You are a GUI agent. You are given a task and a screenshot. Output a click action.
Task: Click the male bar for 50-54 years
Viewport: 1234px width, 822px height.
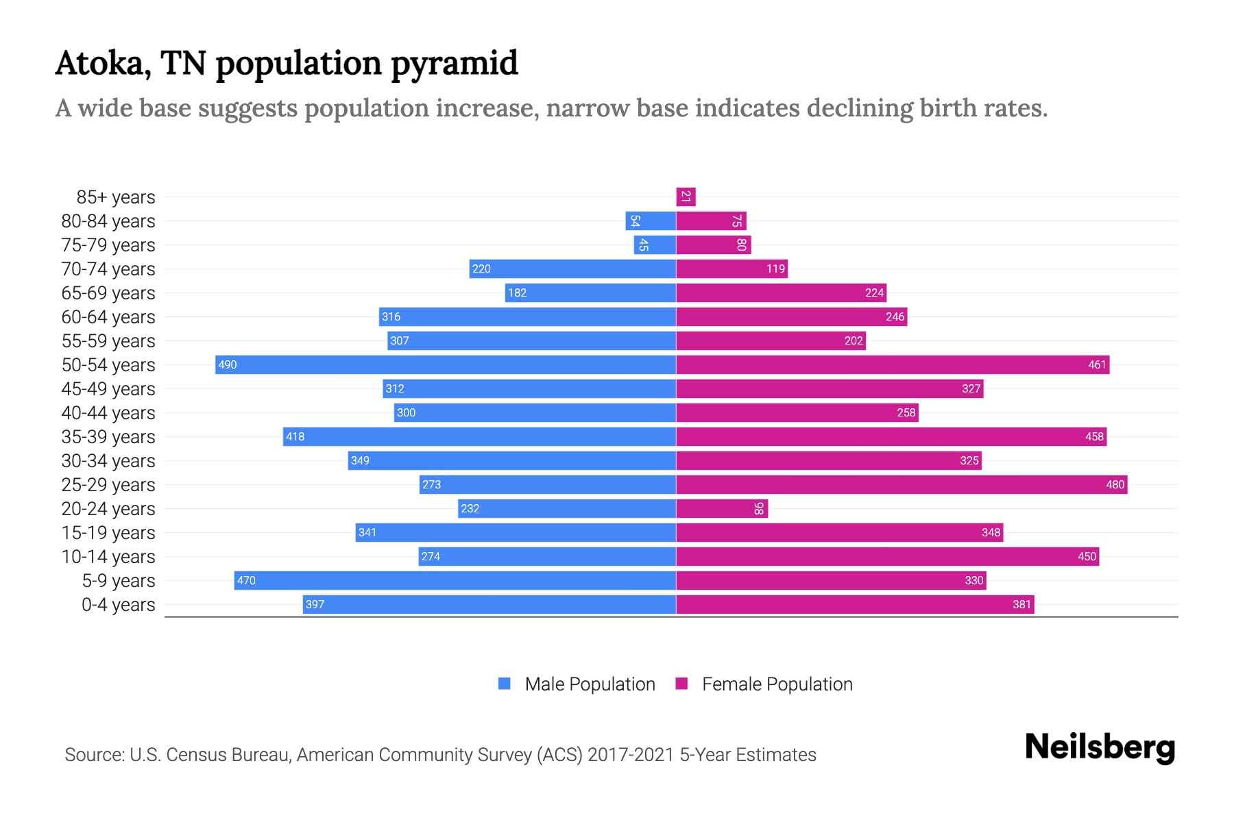tap(446, 364)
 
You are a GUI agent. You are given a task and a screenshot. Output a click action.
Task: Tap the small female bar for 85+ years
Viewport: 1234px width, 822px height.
tap(686, 197)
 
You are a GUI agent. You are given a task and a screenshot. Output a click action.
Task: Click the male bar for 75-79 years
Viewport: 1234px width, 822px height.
tap(655, 245)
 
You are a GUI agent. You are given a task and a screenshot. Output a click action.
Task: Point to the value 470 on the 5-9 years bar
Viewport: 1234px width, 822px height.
tap(246, 581)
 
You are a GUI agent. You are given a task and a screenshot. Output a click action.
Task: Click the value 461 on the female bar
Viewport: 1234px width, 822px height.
tap(1097, 364)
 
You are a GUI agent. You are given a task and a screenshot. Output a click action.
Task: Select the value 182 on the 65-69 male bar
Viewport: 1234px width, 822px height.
tap(517, 293)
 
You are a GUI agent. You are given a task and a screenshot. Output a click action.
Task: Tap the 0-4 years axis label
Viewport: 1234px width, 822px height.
tap(118, 605)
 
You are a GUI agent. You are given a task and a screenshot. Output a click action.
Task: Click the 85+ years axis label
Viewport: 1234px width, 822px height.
tap(115, 197)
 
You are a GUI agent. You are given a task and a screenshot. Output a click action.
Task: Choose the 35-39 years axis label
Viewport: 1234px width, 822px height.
tap(108, 437)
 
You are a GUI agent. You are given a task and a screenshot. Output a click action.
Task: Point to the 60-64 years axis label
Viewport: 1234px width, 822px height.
tap(108, 317)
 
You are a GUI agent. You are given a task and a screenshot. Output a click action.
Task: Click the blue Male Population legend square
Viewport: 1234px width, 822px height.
tap(505, 684)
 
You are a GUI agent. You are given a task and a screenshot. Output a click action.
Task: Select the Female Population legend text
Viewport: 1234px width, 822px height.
tap(777, 684)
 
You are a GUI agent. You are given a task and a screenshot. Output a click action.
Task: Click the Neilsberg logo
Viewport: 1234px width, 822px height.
tap(1100, 747)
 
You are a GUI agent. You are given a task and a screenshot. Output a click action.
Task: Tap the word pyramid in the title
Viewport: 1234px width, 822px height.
tap(454, 64)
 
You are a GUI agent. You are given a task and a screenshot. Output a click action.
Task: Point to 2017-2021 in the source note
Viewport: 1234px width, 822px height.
tap(631, 755)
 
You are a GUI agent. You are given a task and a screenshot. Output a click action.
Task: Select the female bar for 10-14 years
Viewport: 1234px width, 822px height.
tap(888, 556)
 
